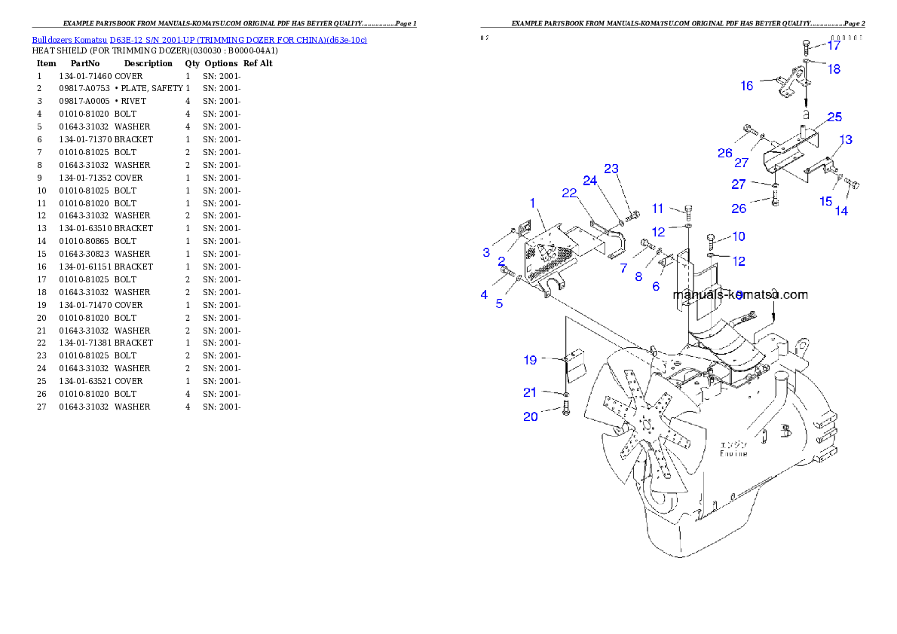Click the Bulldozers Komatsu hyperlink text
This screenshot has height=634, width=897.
199,40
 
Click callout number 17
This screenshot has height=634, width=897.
833,45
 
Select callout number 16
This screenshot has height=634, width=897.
746,86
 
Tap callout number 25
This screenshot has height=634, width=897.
834,117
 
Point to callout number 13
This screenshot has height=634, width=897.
846,140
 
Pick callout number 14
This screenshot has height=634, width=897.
840,212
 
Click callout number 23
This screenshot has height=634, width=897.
611,168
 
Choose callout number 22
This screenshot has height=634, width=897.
569,193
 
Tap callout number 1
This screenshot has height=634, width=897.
532,203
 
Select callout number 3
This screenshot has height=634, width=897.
486,252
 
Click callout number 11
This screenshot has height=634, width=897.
658,209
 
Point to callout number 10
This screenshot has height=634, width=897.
738,236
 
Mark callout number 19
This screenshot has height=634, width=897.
530,360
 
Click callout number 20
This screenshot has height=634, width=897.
531,416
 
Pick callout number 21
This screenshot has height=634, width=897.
530,392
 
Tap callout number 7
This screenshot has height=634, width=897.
623,268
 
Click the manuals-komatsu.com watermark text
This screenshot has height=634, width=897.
739,294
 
